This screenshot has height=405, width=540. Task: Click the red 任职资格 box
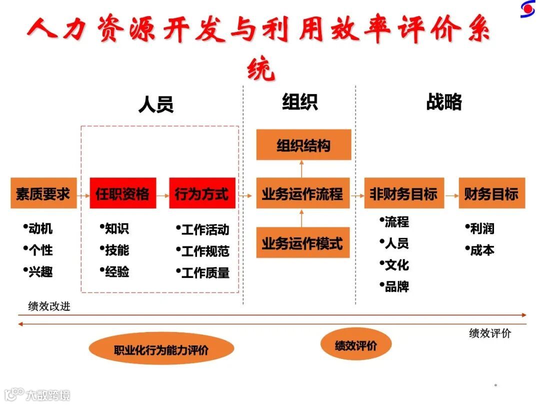(x=122, y=193)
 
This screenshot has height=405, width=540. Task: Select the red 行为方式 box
(x=201, y=193)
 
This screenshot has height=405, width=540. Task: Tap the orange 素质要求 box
(x=43, y=193)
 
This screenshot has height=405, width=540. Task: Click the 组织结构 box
(x=303, y=145)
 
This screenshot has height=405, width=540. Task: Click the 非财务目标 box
(x=403, y=193)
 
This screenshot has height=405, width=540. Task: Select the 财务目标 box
(x=491, y=193)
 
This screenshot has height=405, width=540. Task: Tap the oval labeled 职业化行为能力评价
(x=161, y=349)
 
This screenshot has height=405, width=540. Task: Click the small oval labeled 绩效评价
(x=355, y=344)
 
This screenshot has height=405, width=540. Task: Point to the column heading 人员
(x=155, y=104)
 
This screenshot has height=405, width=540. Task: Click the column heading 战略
(x=444, y=101)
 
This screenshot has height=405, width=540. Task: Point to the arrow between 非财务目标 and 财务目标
(x=451, y=194)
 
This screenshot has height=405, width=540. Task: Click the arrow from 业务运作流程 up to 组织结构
(x=302, y=168)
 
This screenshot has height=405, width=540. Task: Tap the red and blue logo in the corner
(x=527, y=8)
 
